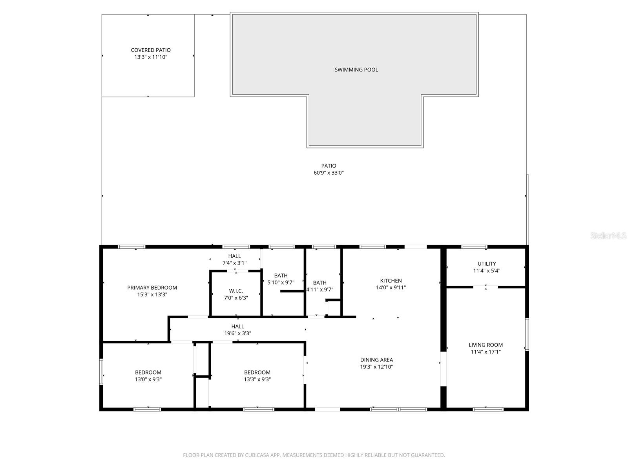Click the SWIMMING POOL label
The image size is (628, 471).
(x=356, y=70)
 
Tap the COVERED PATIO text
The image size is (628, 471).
(x=151, y=50)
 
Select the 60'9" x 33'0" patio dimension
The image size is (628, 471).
(x=329, y=173)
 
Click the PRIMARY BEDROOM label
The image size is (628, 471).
(x=152, y=288)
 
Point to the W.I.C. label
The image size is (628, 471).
(x=236, y=291)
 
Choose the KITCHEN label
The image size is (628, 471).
(x=391, y=281)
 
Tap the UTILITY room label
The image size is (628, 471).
(x=487, y=264)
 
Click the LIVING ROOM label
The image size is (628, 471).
(x=486, y=345)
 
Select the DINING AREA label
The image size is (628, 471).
(x=376, y=360)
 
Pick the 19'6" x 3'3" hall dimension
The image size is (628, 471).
(x=237, y=334)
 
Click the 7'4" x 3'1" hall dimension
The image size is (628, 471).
(x=235, y=263)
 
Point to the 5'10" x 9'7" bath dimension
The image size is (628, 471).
(x=281, y=283)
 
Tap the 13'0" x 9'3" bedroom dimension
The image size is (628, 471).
(x=148, y=380)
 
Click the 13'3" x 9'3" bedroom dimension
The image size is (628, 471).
(x=257, y=380)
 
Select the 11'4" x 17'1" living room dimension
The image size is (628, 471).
(x=486, y=352)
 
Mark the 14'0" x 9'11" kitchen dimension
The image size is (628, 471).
(x=391, y=288)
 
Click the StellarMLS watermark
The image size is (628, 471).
(x=608, y=236)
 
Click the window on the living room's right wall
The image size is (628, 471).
(x=527, y=334)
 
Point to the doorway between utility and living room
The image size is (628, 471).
(x=486, y=287)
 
